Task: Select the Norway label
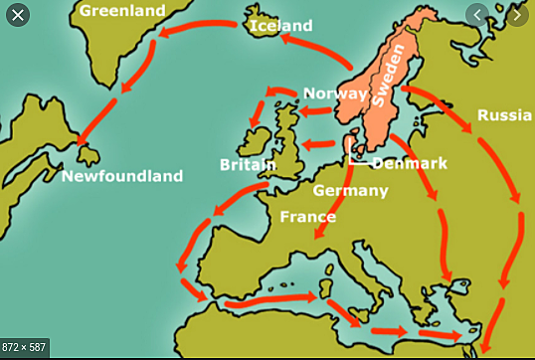pyautogui.click(x=334, y=92)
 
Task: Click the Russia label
pyautogui.click(x=503, y=116)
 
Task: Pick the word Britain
pyautogui.click(x=249, y=164)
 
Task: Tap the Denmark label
pyautogui.click(x=410, y=162)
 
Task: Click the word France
pyautogui.click(x=307, y=216)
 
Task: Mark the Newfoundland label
pyautogui.click(x=122, y=176)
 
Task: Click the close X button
pyautogui.click(x=16, y=15)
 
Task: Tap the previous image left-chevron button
pyautogui.click(x=480, y=15)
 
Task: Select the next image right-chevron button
pyautogui.click(x=518, y=15)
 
